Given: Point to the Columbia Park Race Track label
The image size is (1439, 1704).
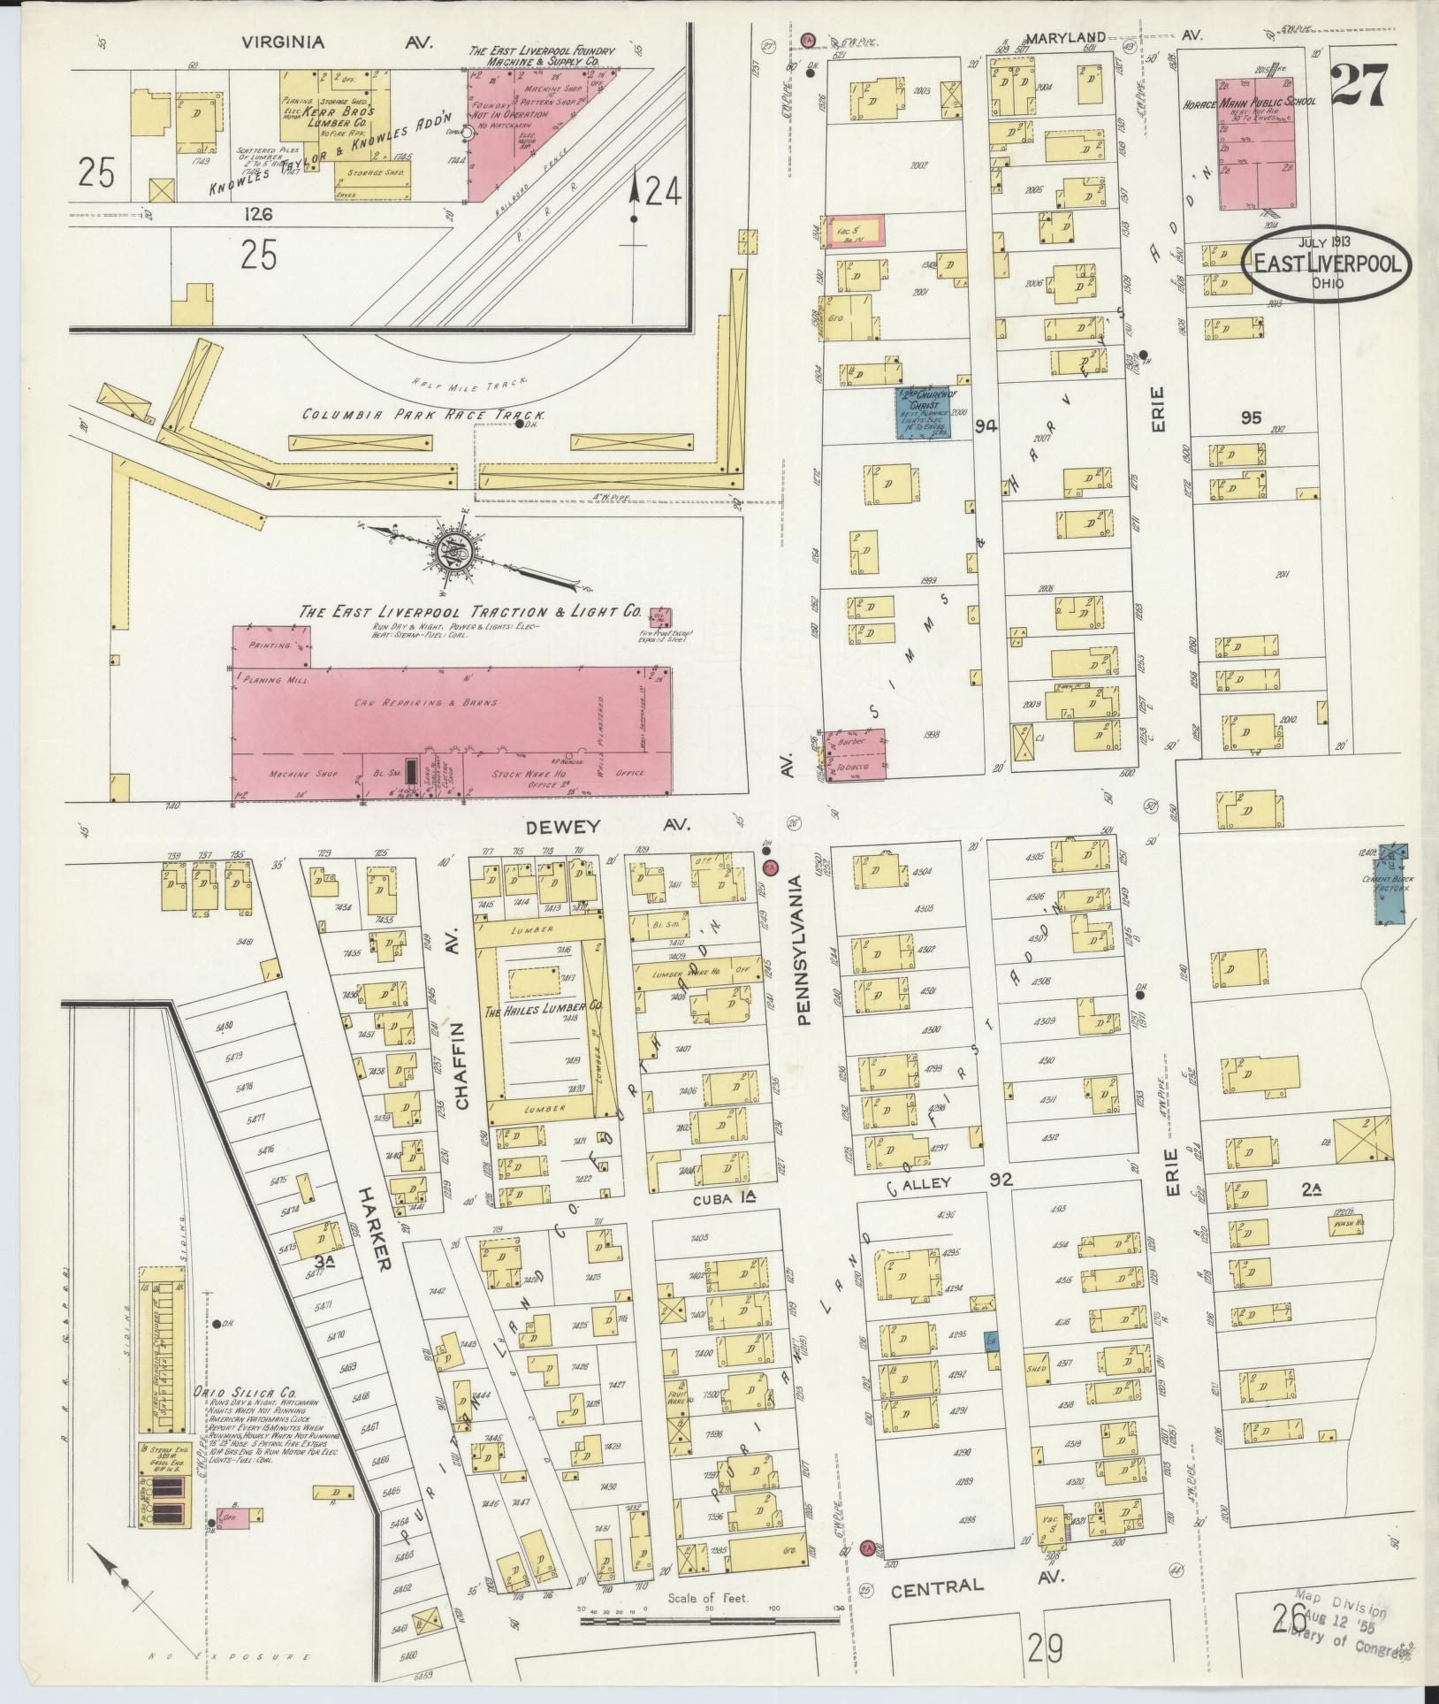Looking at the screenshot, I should (423, 414).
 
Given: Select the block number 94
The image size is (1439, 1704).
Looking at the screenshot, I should (986, 427).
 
